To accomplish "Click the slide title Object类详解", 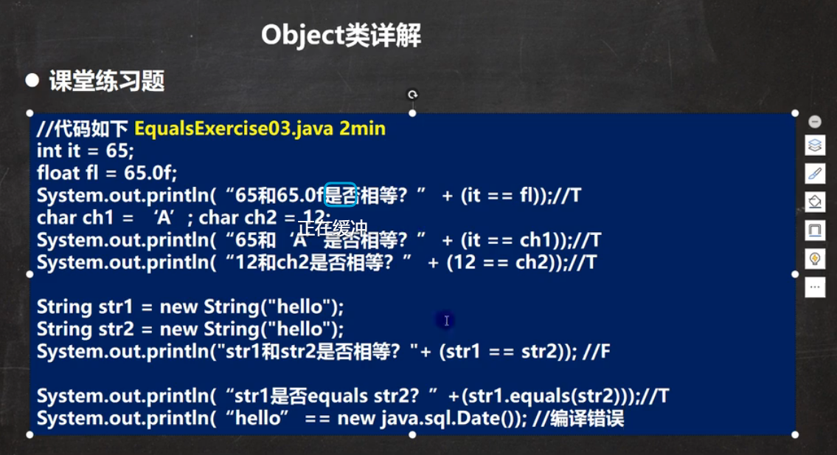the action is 341,35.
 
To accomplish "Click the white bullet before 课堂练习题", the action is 32,81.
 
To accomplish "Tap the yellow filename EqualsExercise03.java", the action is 234,129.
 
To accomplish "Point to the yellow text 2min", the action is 362,129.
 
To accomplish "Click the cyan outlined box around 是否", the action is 341,194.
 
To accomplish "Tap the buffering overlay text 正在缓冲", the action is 333,228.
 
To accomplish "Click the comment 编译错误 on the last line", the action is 587,418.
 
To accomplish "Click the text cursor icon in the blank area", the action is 446,321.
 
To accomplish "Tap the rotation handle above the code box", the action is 412,95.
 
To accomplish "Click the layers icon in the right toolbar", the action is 815,146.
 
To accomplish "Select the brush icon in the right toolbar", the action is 815,174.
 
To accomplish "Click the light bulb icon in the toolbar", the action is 815,259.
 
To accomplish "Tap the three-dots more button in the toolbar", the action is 815,287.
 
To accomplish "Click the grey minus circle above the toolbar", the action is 815,122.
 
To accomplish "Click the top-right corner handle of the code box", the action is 795,113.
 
